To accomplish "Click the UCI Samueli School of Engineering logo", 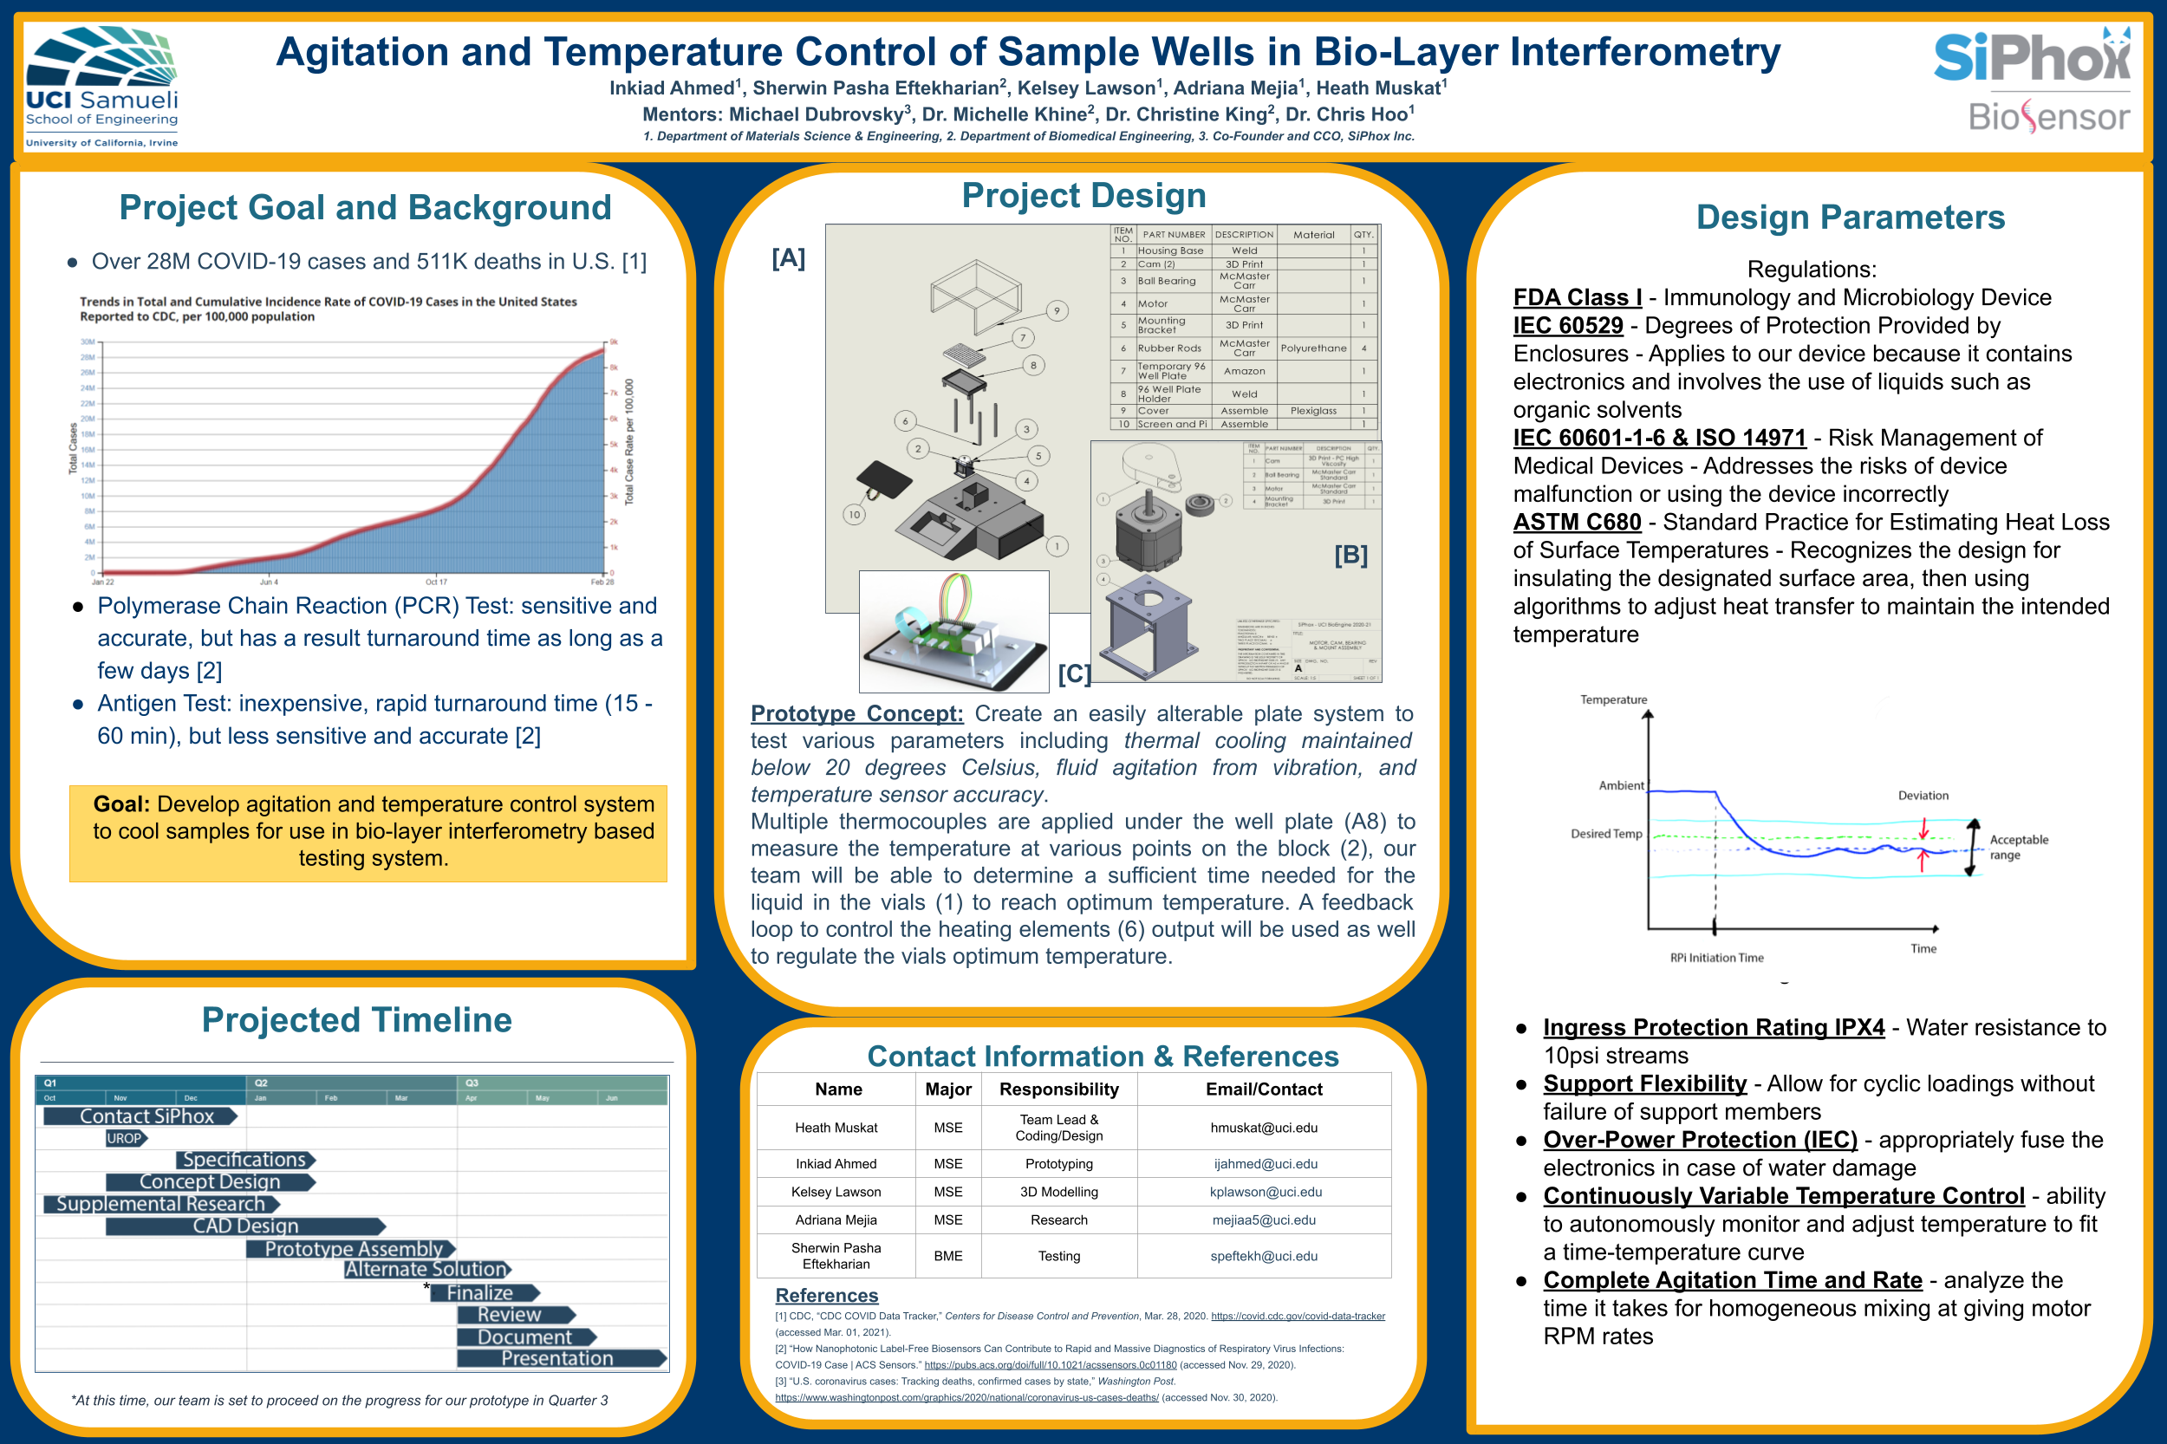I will pos(101,86).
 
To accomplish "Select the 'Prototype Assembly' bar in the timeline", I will pos(352,1249).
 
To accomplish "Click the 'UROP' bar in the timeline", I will pos(125,1138).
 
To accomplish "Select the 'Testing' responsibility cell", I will pos(1059,1256).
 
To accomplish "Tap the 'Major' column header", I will pos(947,1090).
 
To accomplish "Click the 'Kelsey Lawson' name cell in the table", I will pos(836,1192).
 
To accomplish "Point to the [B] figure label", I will pos(1351,555).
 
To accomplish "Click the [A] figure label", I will pos(788,258).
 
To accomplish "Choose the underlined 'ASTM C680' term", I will pos(1577,522).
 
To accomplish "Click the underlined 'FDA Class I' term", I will pos(1577,297).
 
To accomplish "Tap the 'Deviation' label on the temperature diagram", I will pos(1923,796).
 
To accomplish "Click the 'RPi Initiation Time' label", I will pos(1716,958).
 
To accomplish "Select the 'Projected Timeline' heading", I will pos(356,1020).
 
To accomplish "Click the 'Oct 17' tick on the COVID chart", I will pos(436,582).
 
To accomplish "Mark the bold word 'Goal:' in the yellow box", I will pos(121,804).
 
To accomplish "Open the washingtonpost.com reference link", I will pos(966,1398).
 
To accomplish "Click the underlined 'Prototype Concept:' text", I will pos(856,713).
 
